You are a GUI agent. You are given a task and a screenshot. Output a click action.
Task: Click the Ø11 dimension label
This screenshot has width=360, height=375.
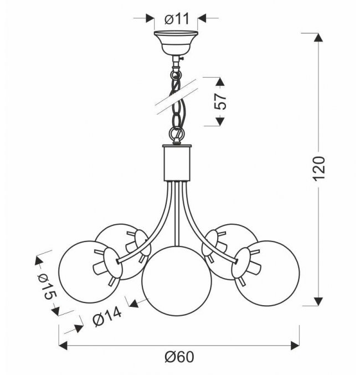click(177, 19)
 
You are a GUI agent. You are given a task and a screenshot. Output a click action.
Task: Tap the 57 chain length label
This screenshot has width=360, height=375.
click(220, 101)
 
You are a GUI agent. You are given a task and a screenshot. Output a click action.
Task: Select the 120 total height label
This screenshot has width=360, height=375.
click(319, 168)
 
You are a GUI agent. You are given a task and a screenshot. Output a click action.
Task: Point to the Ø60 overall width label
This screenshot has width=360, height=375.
click(179, 357)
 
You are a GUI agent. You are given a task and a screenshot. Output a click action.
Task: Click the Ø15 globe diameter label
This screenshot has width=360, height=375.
click(47, 286)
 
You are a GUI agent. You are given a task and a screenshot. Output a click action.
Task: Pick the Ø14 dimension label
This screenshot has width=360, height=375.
click(107, 316)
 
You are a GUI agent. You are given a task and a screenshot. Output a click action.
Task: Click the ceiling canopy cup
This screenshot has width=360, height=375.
click(176, 43)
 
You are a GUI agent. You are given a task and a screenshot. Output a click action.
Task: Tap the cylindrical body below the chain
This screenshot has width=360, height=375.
click(177, 163)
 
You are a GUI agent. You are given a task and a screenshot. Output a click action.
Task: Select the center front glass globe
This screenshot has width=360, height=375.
click(177, 281)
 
